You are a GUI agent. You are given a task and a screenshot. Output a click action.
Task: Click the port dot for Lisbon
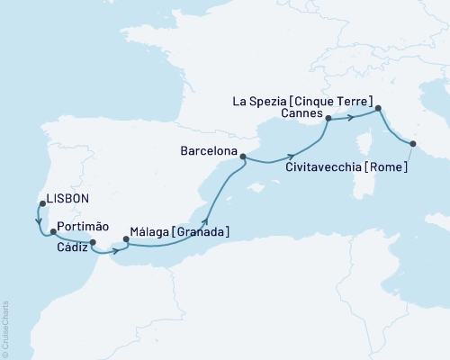(x=41, y=203)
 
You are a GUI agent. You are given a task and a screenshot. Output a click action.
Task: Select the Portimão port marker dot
(x=53, y=232)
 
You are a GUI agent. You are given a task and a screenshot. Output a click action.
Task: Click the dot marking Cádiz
(x=93, y=241)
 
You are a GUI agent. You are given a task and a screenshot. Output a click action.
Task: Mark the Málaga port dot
(x=126, y=239)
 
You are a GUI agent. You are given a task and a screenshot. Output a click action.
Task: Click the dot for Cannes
(x=328, y=118)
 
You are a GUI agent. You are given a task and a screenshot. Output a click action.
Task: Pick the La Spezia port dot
(x=378, y=109)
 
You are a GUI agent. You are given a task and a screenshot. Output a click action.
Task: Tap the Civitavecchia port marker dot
(x=413, y=143)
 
